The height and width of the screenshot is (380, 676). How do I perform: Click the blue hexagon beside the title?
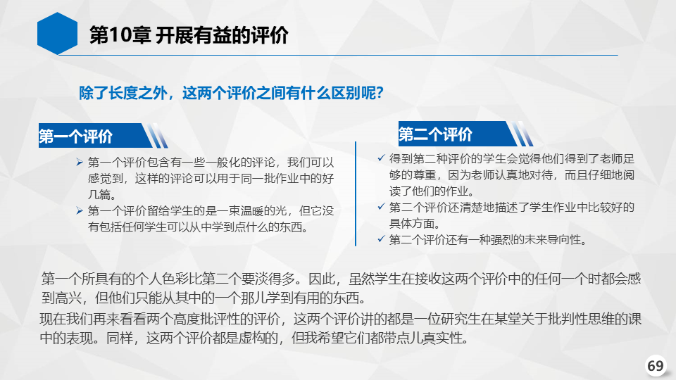click(57, 33)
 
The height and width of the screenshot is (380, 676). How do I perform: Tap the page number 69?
click(656, 365)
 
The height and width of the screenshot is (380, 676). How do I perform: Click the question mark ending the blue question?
click(380, 93)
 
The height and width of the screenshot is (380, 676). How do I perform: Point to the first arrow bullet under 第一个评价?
click(80, 162)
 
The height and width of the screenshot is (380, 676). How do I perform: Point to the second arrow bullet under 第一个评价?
click(80, 210)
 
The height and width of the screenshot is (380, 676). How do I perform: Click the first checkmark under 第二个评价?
click(381, 158)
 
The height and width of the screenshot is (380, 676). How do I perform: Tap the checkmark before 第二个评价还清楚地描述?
click(381, 207)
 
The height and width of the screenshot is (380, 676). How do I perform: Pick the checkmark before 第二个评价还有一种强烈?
click(381, 239)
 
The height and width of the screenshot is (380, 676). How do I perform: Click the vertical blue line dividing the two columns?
click(356, 194)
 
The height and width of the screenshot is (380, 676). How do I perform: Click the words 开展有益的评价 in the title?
click(222, 35)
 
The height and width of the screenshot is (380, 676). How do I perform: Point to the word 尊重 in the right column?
click(425, 175)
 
